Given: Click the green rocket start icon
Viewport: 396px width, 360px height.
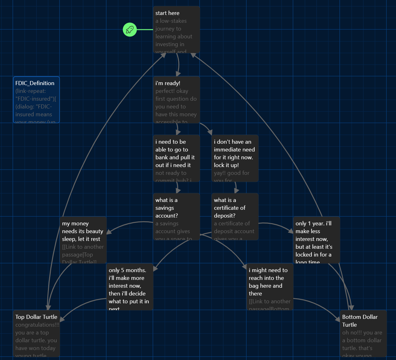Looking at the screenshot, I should click(x=130, y=30).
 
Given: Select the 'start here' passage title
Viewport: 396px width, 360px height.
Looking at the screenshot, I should click(x=167, y=13).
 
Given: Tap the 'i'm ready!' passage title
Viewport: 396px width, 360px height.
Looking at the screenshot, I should click(x=168, y=83).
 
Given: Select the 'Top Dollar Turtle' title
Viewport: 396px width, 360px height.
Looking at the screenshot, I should click(x=36, y=317).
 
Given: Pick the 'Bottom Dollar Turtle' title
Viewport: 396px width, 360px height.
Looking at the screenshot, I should click(x=360, y=321).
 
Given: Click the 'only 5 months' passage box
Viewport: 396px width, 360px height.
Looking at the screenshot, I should click(x=130, y=287).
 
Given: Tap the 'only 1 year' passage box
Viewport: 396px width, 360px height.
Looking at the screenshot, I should click(x=316, y=240).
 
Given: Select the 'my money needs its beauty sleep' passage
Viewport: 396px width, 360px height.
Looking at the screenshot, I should click(x=83, y=240).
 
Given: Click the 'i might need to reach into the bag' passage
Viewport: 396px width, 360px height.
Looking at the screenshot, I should click(x=270, y=287).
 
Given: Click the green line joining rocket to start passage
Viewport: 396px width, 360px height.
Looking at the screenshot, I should click(x=145, y=30).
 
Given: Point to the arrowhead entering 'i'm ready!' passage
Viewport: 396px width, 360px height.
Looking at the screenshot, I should click(x=178, y=74).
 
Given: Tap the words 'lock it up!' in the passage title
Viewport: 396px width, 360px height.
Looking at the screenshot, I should click(x=226, y=165).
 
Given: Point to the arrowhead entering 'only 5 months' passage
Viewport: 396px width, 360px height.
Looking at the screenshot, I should click(x=155, y=268).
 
